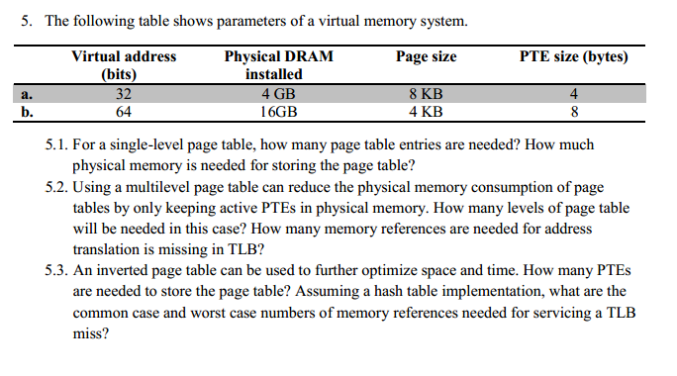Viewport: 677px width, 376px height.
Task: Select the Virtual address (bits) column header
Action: click(124, 65)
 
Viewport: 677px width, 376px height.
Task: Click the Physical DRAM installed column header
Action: click(279, 65)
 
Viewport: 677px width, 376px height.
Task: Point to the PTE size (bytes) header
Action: click(574, 57)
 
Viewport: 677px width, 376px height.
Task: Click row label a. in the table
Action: click(27, 95)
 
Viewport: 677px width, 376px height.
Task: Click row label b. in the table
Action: click(27, 112)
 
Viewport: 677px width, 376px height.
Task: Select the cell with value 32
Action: click(124, 95)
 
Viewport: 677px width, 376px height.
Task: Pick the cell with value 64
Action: click(124, 112)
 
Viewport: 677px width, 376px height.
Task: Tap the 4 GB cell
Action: click(279, 95)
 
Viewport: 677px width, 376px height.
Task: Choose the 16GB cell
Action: click(279, 112)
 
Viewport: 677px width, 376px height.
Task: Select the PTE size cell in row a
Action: click(574, 95)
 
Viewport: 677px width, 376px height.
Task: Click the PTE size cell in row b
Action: click(574, 112)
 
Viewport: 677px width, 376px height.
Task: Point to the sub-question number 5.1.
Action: click(58, 145)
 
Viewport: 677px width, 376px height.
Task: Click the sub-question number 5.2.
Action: click(58, 187)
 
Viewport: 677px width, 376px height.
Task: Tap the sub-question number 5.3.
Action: click(58, 270)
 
